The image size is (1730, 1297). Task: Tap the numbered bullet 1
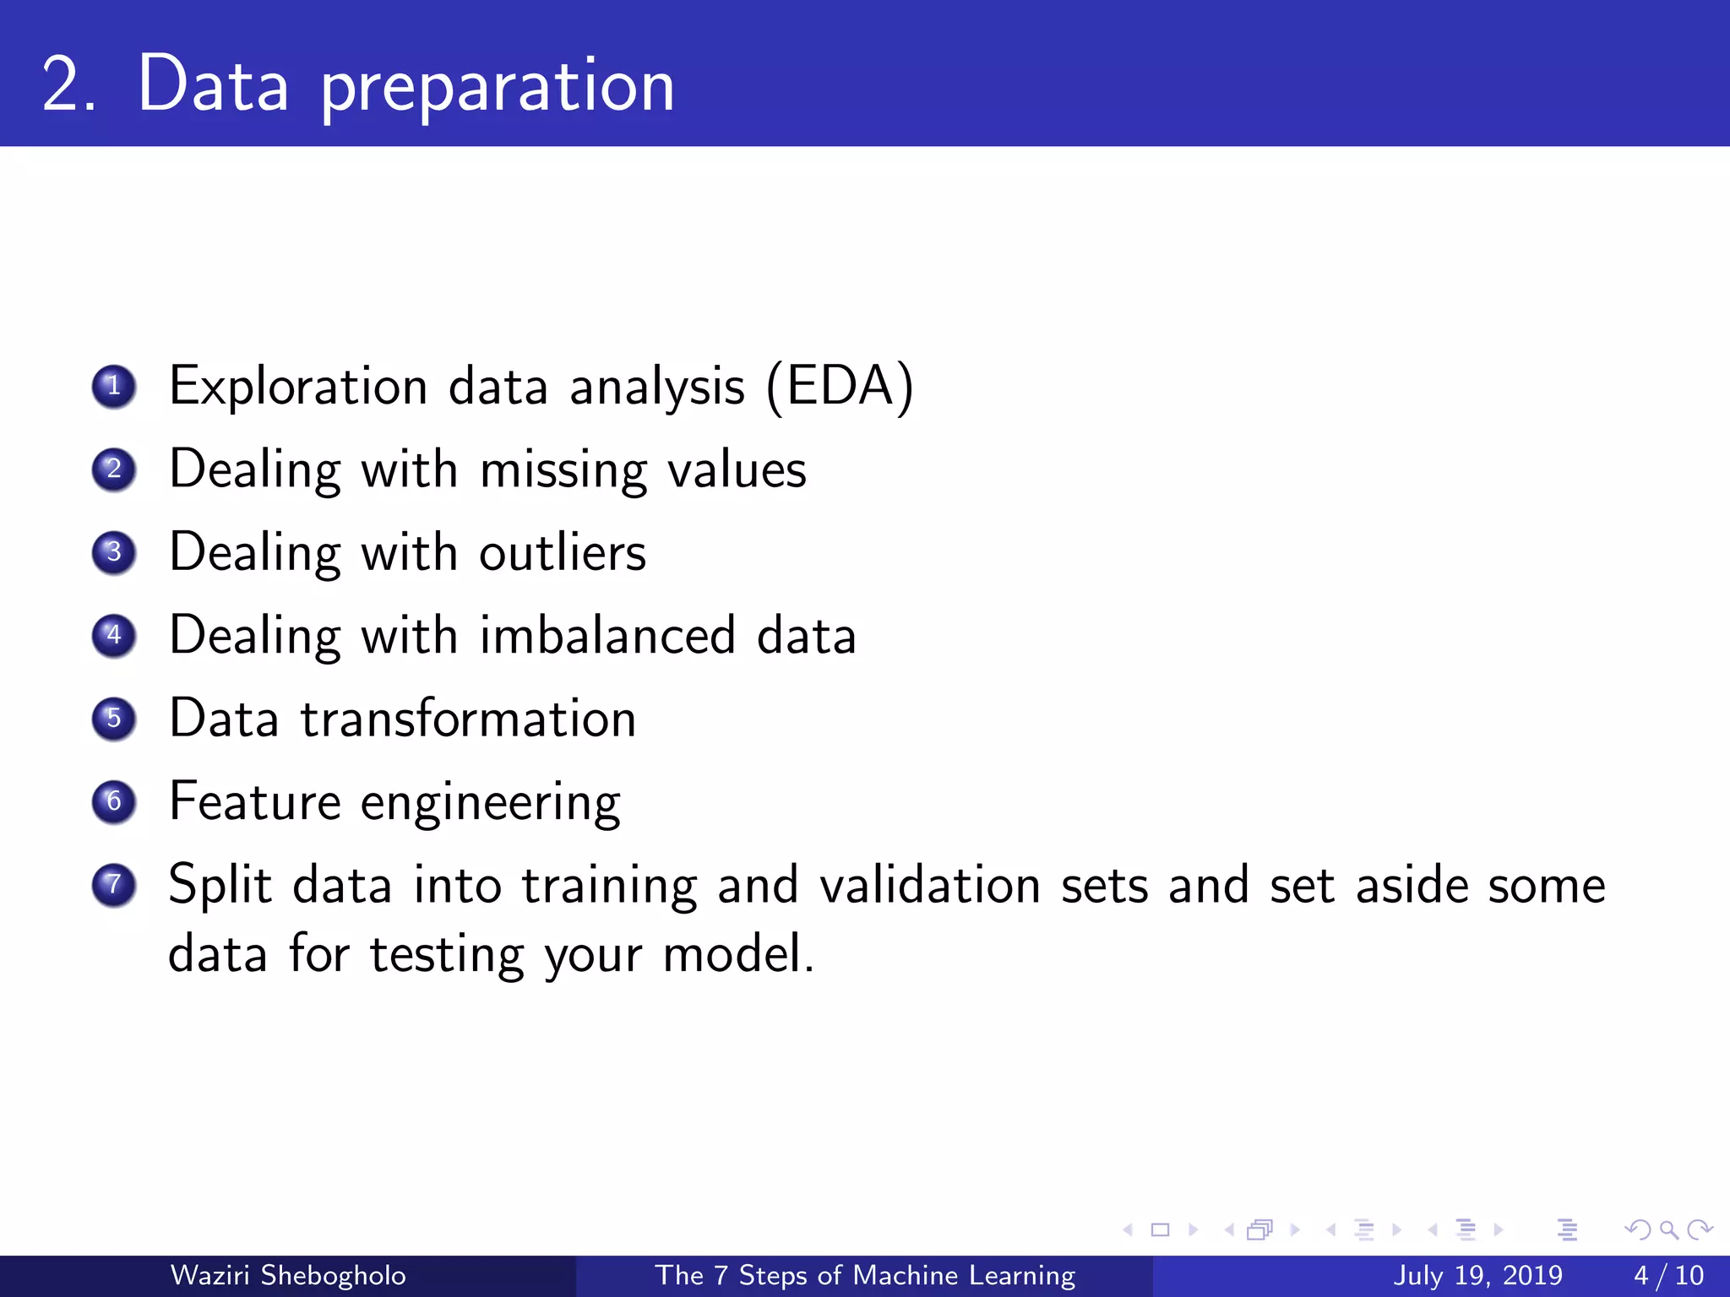pyautogui.click(x=114, y=387)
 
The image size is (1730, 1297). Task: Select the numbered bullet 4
pyautogui.click(x=114, y=636)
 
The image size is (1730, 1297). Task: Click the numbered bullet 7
pyautogui.click(x=114, y=885)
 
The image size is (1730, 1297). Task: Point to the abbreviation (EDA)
pyautogui.click(x=840, y=387)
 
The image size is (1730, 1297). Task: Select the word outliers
pyautogui.click(x=563, y=553)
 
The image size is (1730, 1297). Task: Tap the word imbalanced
pyautogui.click(x=607, y=636)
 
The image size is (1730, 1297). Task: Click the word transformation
pyautogui.click(x=468, y=719)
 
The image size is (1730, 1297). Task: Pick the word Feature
pyautogui.click(x=254, y=801)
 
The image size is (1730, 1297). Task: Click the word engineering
pyautogui.click(x=490, y=804)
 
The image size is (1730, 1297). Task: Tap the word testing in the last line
pyautogui.click(x=447, y=955)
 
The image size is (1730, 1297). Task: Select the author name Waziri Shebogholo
pyautogui.click(x=288, y=1275)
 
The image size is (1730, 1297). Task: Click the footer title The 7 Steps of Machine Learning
pyautogui.click(x=865, y=1275)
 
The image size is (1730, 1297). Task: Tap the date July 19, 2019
pyautogui.click(x=1477, y=1275)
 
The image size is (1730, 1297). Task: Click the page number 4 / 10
pyautogui.click(x=1668, y=1275)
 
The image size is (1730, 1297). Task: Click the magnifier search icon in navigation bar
pyautogui.click(x=1668, y=1230)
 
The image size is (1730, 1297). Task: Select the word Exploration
pyautogui.click(x=298, y=387)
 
